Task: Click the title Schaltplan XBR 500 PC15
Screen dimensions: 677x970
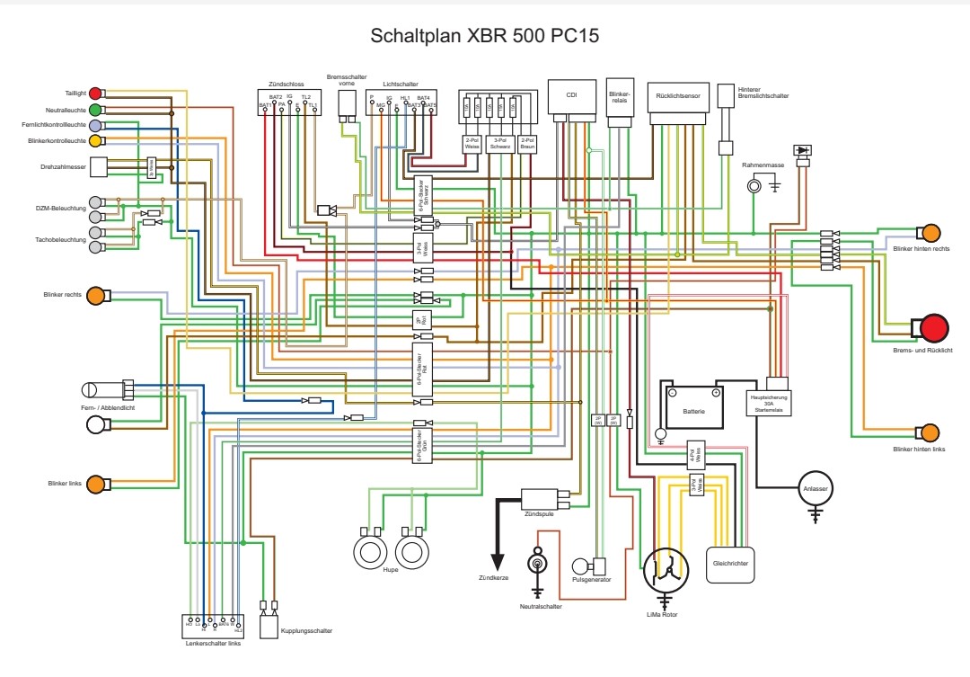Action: pyautogui.click(x=485, y=37)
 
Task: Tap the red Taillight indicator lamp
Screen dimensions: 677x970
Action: pyautogui.click(x=95, y=93)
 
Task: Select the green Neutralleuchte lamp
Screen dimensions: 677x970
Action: pyautogui.click(x=95, y=109)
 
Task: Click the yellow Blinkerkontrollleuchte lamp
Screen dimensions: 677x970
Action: pyautogui.click(x=95, y=140)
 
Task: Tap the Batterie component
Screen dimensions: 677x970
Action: pyautogui.click(x=693, y=407)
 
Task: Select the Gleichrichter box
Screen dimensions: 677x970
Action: pyautogui.click(x=731, y=564)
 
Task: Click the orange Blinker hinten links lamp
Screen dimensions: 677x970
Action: pyautogui.click(x=929, y=432)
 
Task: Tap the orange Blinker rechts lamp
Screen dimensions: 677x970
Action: pyautogui.click(x=95, y=296)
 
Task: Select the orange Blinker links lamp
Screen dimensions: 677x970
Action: pyautogui.click(x=95, y=484)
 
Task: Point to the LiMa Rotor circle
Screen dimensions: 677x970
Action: pyautogui.click(x=666, y=567)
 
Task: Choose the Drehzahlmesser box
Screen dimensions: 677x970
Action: pyautogui.click(x=98, y=167)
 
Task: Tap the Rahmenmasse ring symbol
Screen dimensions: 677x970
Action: pyautogui.click(x=754, y=185)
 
